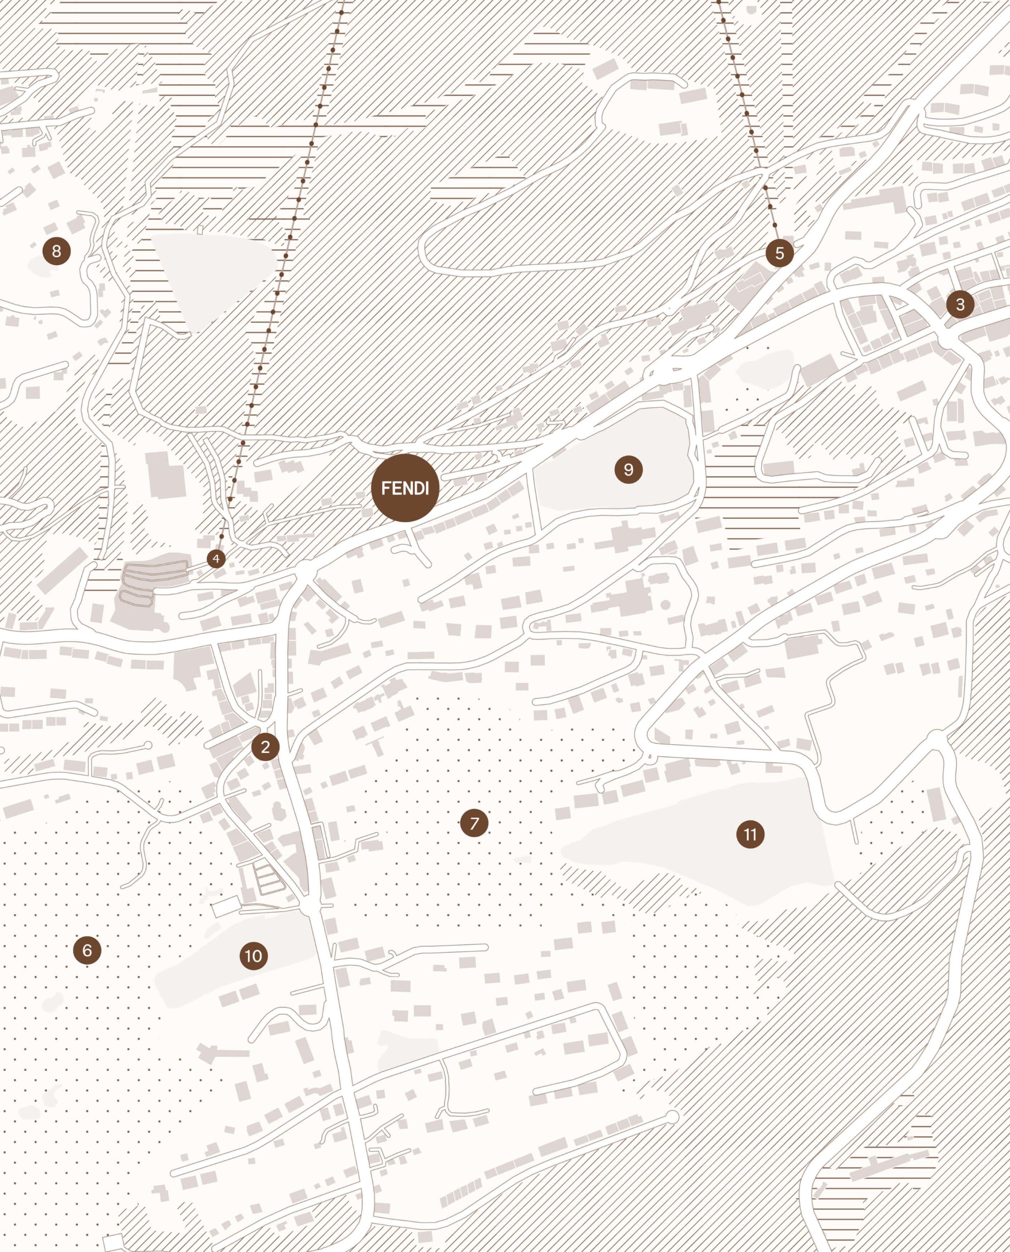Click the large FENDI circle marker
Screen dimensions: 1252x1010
coord(406,488)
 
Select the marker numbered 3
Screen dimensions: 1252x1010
coord(960,304)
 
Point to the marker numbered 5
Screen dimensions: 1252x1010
coord(780,253)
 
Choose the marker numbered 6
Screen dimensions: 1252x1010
coord(87,950)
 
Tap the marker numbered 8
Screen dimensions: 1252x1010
coord(56,251)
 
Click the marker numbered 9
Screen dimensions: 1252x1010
coord(628,469)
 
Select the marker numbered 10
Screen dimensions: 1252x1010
coord(254,955)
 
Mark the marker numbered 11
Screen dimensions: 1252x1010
coord(750,835)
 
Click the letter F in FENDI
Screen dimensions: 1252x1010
coord(385,488)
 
